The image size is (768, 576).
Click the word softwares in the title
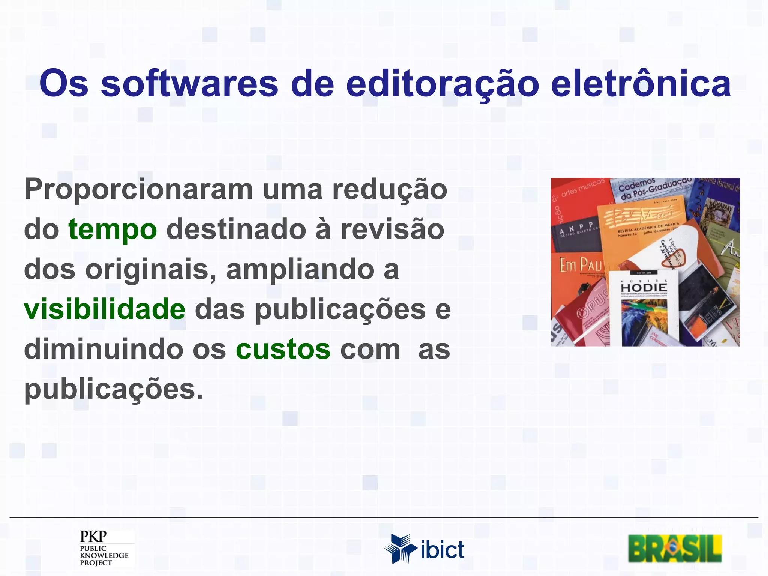[x=189, y=83]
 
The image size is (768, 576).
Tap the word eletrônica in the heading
[x=640, y=83]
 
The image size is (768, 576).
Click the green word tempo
[x=112, y=230]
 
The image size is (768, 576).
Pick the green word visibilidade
[x=105, y=309]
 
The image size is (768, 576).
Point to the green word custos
[x=283, y=349]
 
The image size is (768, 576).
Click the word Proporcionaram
[x=138, y=190]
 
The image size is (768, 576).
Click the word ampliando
[x=300, y=270]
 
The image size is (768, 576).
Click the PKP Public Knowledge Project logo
[x=104, y=547]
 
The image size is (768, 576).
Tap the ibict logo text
[x=442, y=550]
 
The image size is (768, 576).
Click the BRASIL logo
[x=675, y=548]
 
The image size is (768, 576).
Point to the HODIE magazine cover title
[x=644, y=288]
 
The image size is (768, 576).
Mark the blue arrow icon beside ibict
[x=400, y=548]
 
